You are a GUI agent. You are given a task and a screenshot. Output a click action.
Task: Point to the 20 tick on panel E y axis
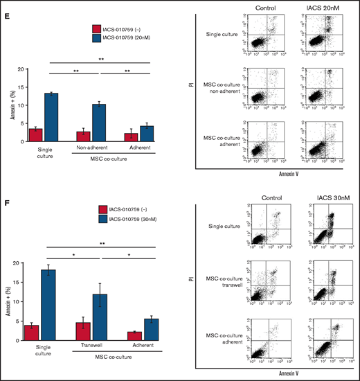coord(25,69)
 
